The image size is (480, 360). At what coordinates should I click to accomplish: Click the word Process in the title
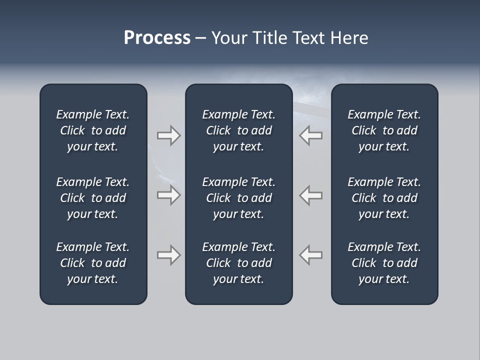tap(157, 38)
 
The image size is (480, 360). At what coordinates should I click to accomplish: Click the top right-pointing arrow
tap(168, 135)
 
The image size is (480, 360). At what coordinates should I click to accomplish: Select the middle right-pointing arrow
tap(168, 195)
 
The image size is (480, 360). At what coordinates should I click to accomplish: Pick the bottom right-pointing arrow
tap(168, 255)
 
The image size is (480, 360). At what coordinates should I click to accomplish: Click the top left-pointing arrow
tap(311, 135)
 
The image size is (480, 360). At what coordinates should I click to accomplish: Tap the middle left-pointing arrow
tap(311, 195)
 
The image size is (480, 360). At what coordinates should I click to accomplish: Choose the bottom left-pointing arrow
tap(311, 255)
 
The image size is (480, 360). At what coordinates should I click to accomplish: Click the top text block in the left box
tap(93, 130)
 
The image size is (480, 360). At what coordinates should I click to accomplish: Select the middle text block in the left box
tap(93, 198)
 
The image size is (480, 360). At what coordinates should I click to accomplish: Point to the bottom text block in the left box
tap(93, 263)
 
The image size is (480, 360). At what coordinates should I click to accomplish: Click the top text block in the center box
tap(238, 130)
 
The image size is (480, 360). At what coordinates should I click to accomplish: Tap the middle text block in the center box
tap(238, 198)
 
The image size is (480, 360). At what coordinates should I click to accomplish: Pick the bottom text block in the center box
tap(238, 263)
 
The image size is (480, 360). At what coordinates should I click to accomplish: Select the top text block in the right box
tap(384, 130)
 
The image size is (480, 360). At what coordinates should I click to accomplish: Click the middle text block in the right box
tap(384, 198)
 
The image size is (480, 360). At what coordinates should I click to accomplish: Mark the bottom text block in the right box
tap(384, 263)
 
